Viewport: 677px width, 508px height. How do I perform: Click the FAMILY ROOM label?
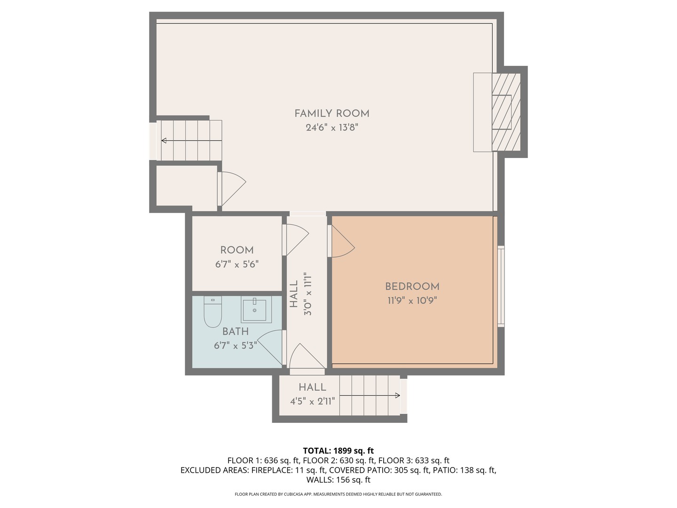[x=331, y=113]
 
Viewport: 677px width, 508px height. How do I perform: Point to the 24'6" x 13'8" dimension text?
[x=332, y=127]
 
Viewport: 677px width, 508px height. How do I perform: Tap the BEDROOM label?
[x=412, y=286]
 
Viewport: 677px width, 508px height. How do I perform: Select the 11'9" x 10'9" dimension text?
[x=412, y=301]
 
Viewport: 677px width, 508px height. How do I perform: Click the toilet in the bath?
[x=213, y=311]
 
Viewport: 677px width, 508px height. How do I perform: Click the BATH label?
[x=236, y=332]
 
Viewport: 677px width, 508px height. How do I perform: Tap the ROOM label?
[x=237, y=250]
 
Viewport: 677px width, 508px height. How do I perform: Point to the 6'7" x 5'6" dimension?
[x=237, y=264]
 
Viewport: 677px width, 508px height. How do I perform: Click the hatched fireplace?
[x=506, y=112]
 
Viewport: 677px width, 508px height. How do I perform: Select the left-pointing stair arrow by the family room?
[x=191, y=141]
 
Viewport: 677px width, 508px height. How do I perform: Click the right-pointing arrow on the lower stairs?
[x=370, y=396]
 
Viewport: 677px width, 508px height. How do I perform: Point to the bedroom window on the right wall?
[x=501, y=286]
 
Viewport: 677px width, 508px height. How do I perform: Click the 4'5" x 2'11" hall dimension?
[x=313, y=401]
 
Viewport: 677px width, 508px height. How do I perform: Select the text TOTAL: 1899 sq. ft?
[x=338, y=451]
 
